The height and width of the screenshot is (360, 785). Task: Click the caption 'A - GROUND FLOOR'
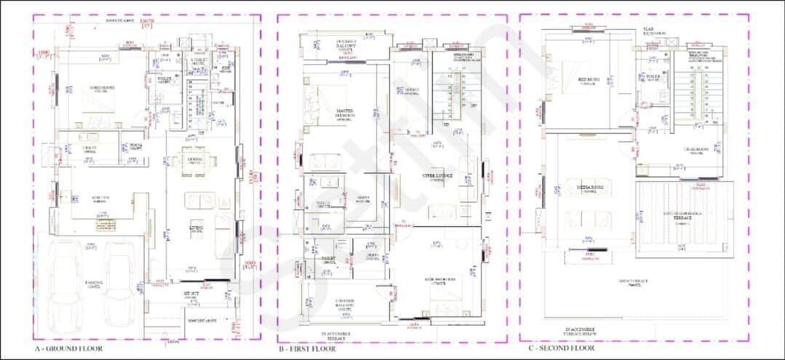pos(68,348)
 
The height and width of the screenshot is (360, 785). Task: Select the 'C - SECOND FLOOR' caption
pos(561,348)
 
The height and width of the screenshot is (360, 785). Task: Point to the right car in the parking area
pos(121,283)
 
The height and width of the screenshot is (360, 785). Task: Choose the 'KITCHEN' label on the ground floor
pos(100,199)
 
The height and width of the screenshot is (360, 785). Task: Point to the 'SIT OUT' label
pos(191,294)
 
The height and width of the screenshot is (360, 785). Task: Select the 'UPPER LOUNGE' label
pos(437,176)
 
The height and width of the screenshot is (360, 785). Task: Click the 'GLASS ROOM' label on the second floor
pos(690,151)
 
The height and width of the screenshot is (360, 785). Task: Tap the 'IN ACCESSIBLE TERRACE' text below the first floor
pos(336,335)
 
